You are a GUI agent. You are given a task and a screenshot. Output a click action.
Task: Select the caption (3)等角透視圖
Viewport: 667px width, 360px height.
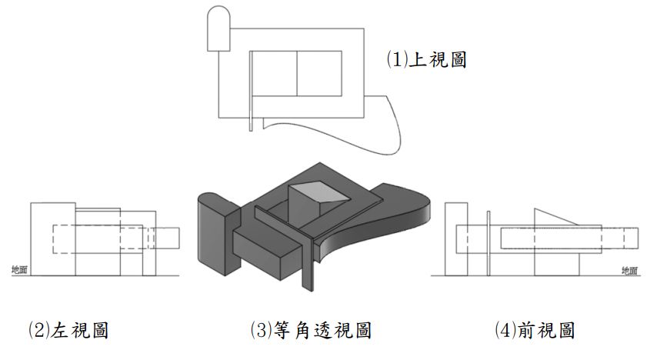coord(311,331)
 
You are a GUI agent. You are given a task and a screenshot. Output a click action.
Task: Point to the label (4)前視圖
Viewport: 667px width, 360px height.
coord(535,331)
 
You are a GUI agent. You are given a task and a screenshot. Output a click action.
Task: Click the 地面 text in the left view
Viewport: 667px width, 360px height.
coord(20,269)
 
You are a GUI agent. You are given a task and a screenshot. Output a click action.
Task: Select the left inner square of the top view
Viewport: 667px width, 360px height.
coord(275,74)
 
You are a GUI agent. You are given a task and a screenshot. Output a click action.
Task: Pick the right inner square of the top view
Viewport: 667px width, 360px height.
coord(319,74)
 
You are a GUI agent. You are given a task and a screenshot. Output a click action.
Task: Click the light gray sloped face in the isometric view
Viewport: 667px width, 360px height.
coord(316,192)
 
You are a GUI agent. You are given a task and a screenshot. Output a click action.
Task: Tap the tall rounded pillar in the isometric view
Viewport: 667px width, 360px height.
coord(214,235)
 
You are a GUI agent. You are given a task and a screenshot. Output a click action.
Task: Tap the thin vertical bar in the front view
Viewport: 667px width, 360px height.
coord(489,242)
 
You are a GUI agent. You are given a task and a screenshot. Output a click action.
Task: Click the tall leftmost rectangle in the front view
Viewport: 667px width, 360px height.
coord(455,238)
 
